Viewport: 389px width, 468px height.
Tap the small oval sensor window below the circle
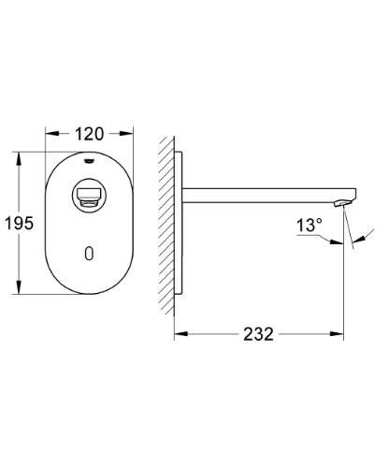pos(89,254)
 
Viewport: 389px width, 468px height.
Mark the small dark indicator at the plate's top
pos(89,159)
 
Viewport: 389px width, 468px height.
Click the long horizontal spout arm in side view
pos(262,195)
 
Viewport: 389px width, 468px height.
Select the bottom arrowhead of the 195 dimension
pos(22,292)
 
